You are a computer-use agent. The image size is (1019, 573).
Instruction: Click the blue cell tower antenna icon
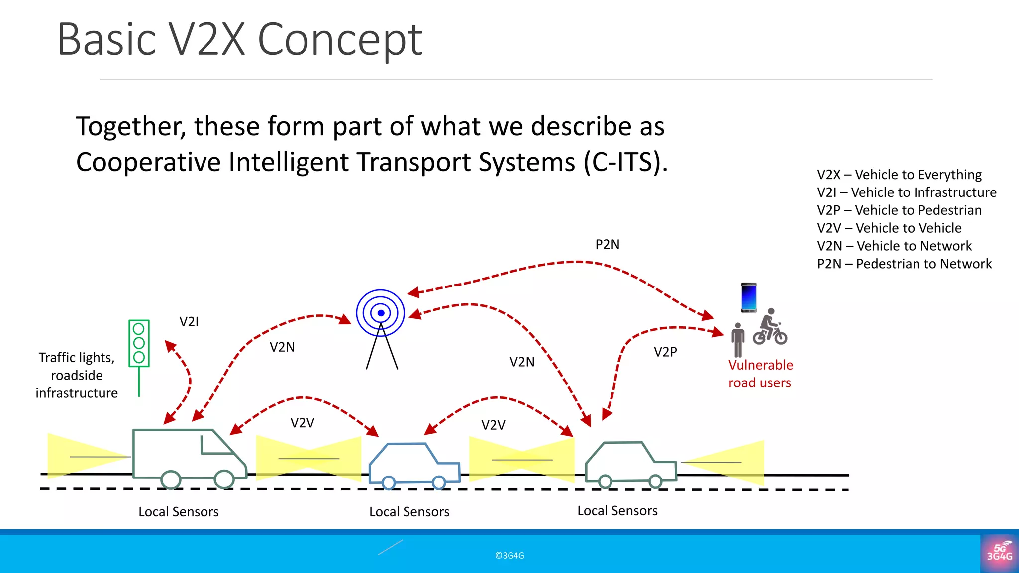coord(381,314)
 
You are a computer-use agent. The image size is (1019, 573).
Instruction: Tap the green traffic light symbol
coord(139,343)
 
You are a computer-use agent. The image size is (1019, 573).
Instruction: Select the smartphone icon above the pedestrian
coord(748,297)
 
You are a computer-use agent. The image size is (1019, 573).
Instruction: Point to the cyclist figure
coord(770,327)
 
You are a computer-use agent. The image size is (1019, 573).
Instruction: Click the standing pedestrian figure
coord(738,340)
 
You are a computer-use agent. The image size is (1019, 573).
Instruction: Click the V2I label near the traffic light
coord(189,322)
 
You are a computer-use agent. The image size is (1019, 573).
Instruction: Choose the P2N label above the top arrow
coord(607,245)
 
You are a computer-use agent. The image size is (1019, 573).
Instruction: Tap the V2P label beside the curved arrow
coord(665,352)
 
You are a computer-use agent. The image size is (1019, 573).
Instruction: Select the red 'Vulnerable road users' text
coord(760,374)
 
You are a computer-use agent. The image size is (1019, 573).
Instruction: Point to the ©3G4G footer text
coord(509,556)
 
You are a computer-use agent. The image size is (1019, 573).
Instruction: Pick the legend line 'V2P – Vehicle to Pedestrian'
coord(899,210)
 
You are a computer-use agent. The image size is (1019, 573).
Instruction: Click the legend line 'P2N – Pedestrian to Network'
coord(904,264)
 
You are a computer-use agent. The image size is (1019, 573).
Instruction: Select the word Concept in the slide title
coord(340,40)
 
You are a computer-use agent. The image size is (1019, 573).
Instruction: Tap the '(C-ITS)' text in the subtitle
coord(625,162)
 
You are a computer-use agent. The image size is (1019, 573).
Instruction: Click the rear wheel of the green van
coord(171,480)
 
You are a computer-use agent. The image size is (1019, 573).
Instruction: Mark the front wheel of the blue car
coord(439,482)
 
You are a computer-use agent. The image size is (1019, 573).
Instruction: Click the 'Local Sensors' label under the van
coord(178,512)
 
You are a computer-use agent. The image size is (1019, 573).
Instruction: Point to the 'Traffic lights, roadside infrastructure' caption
coord(77,375)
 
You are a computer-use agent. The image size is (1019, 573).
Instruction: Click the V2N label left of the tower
coord(282,347)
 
